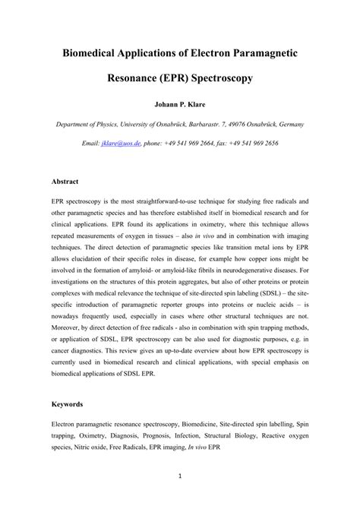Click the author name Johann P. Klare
tap(180, 103)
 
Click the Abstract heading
tap(68, 182)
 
